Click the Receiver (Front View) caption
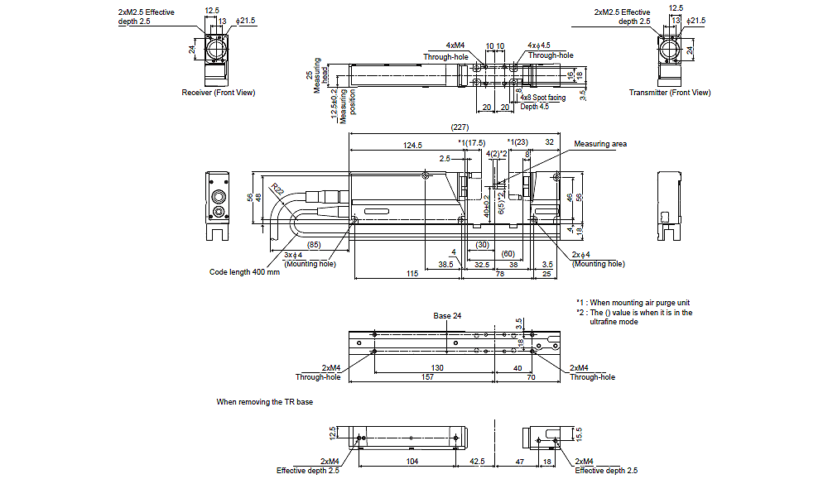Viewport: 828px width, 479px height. click(219, 93)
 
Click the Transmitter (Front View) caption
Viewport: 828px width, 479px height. click(669, 93)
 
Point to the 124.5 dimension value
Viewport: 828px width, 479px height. click(412, 145)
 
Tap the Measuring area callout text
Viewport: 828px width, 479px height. click(600, 144)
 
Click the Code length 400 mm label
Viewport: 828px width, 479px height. click(244, 272)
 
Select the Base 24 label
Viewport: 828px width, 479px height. click(447, 316)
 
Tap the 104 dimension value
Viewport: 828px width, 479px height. click(412, 461)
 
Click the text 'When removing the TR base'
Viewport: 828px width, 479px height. click(265, 402)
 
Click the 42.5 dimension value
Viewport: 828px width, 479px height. click(477, 461)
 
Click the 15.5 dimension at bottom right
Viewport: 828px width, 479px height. click(579, 433)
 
